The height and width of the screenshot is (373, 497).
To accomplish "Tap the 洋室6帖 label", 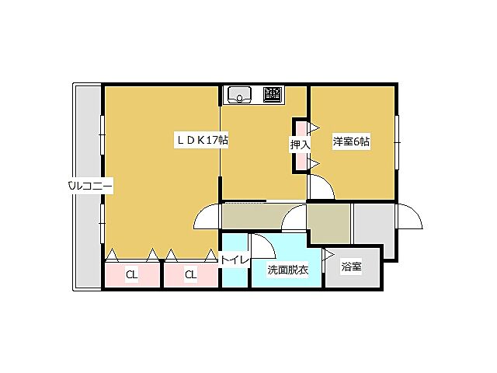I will pos(351,141).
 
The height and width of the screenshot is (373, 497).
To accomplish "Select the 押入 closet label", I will pos(300,144).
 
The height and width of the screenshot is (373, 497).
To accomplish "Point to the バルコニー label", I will pos(90,186).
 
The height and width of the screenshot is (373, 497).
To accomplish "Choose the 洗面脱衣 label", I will pos(288,270).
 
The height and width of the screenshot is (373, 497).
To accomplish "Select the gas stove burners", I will pos(272,95).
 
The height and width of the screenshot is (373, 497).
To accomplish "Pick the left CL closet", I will pos(132,274).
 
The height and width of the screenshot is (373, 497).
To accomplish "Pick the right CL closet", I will pos(191,274).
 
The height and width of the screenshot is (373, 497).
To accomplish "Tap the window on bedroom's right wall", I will pos(397,141).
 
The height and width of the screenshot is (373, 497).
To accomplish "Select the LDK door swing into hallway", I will pos(207,218).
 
